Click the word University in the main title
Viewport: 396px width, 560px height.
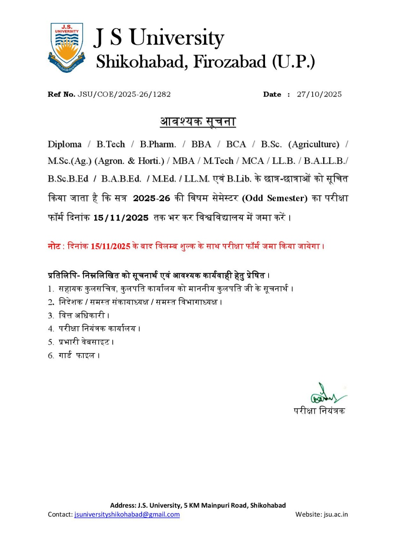pos(177,38)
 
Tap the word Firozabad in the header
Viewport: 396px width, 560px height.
pos(230,62)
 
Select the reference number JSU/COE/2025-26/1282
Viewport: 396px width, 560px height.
pos(124,94)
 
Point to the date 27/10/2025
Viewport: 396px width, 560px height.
pos(319,94)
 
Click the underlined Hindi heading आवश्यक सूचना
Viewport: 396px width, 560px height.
pos(198,121)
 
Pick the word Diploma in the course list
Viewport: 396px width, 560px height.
pos(64,145)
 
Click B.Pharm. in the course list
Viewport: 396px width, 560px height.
pos(158,145)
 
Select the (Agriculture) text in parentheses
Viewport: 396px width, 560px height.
pos(314,145)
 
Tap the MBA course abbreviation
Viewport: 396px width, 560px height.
pos(183,161)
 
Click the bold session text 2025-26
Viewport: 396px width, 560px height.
pos(151,198)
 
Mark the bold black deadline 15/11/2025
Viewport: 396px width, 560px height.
pos(121,218)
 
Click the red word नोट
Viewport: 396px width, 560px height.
pos(54,246)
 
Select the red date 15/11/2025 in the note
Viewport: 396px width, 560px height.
pos(110,246)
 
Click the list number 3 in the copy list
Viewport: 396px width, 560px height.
pos(51,316)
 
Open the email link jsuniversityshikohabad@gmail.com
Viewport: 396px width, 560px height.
pos(127,514)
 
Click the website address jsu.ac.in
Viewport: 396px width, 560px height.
pos(335,514)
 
